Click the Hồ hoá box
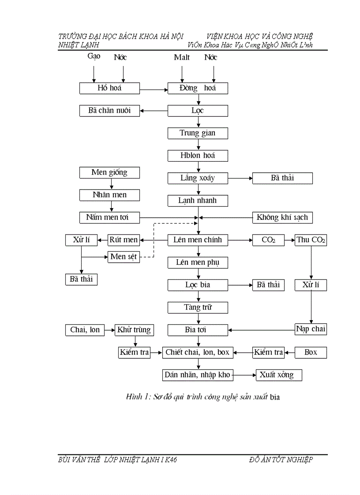tap(109, 88)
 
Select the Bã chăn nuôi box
tap(109, 111)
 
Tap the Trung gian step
tap(198, 133)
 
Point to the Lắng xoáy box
tap(198, 178)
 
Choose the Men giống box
tap(109, 172)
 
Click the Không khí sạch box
tap(282, 217)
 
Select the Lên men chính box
tap(198, 240)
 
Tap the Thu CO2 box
tap(311, 240)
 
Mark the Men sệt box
tap(124, 257)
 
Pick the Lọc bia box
tap(198, 285)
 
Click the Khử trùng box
tap(134, 330)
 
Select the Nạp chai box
tap(311, 329)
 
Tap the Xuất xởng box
tap(279, 375)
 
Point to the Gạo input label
tap(94, 56)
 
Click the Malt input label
tap(182, 57)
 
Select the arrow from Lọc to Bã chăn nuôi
tap(154, 111)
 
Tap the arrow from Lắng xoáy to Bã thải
tap(240, 178)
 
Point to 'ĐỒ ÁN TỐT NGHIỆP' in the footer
tap(281, 460)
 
